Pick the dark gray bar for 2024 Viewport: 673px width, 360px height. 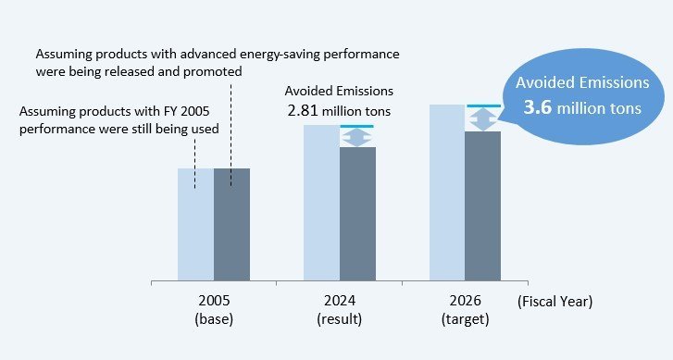(x=357, y=213)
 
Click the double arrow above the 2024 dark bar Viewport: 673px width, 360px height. (x=357, y=137)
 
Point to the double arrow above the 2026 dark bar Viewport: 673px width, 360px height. (x=482, y=119)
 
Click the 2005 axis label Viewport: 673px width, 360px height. (x=214, y=301)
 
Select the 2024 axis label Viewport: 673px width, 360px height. (x=339, y=301)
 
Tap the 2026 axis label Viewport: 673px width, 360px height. (x=465, y=301)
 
